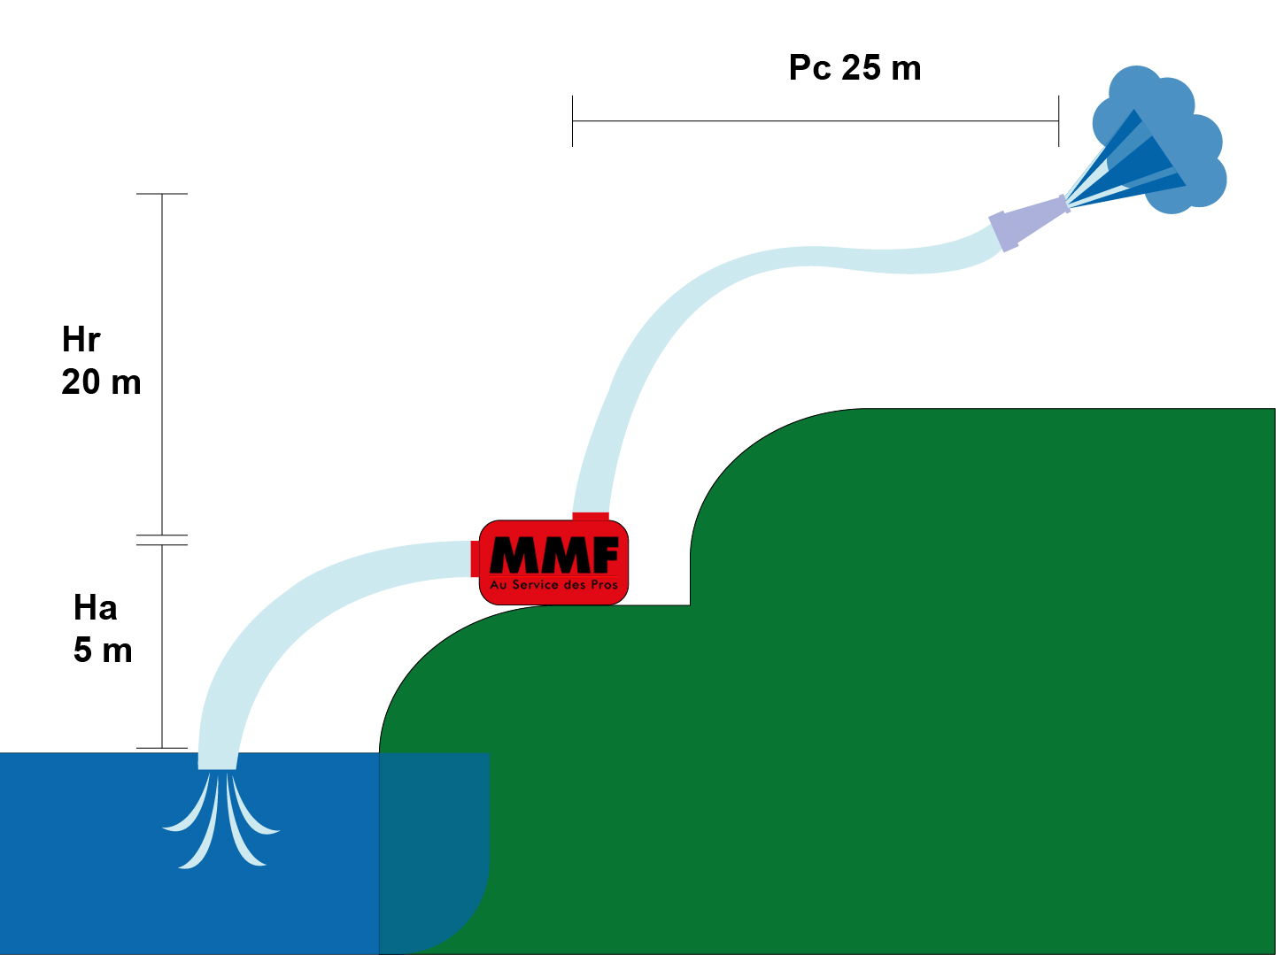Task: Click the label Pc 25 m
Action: (855, 68)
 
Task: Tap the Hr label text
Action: (81, 340)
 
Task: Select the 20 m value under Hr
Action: (101, 382)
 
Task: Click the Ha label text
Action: (95, 608)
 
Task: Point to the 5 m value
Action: (103, 651)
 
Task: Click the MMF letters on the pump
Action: (554, 555)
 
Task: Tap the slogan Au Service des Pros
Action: (554, 585)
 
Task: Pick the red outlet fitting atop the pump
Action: (591, 517)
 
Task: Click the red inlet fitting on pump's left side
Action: (475, 558)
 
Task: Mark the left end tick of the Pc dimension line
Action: (573, 121)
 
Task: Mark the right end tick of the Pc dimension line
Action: (1058, 121)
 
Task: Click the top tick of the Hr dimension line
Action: (162, 194)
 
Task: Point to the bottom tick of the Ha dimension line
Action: (162, 748)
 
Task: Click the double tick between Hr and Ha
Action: (162, 540)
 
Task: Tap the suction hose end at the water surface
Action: (218, 760)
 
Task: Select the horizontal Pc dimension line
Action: (815, 121)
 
